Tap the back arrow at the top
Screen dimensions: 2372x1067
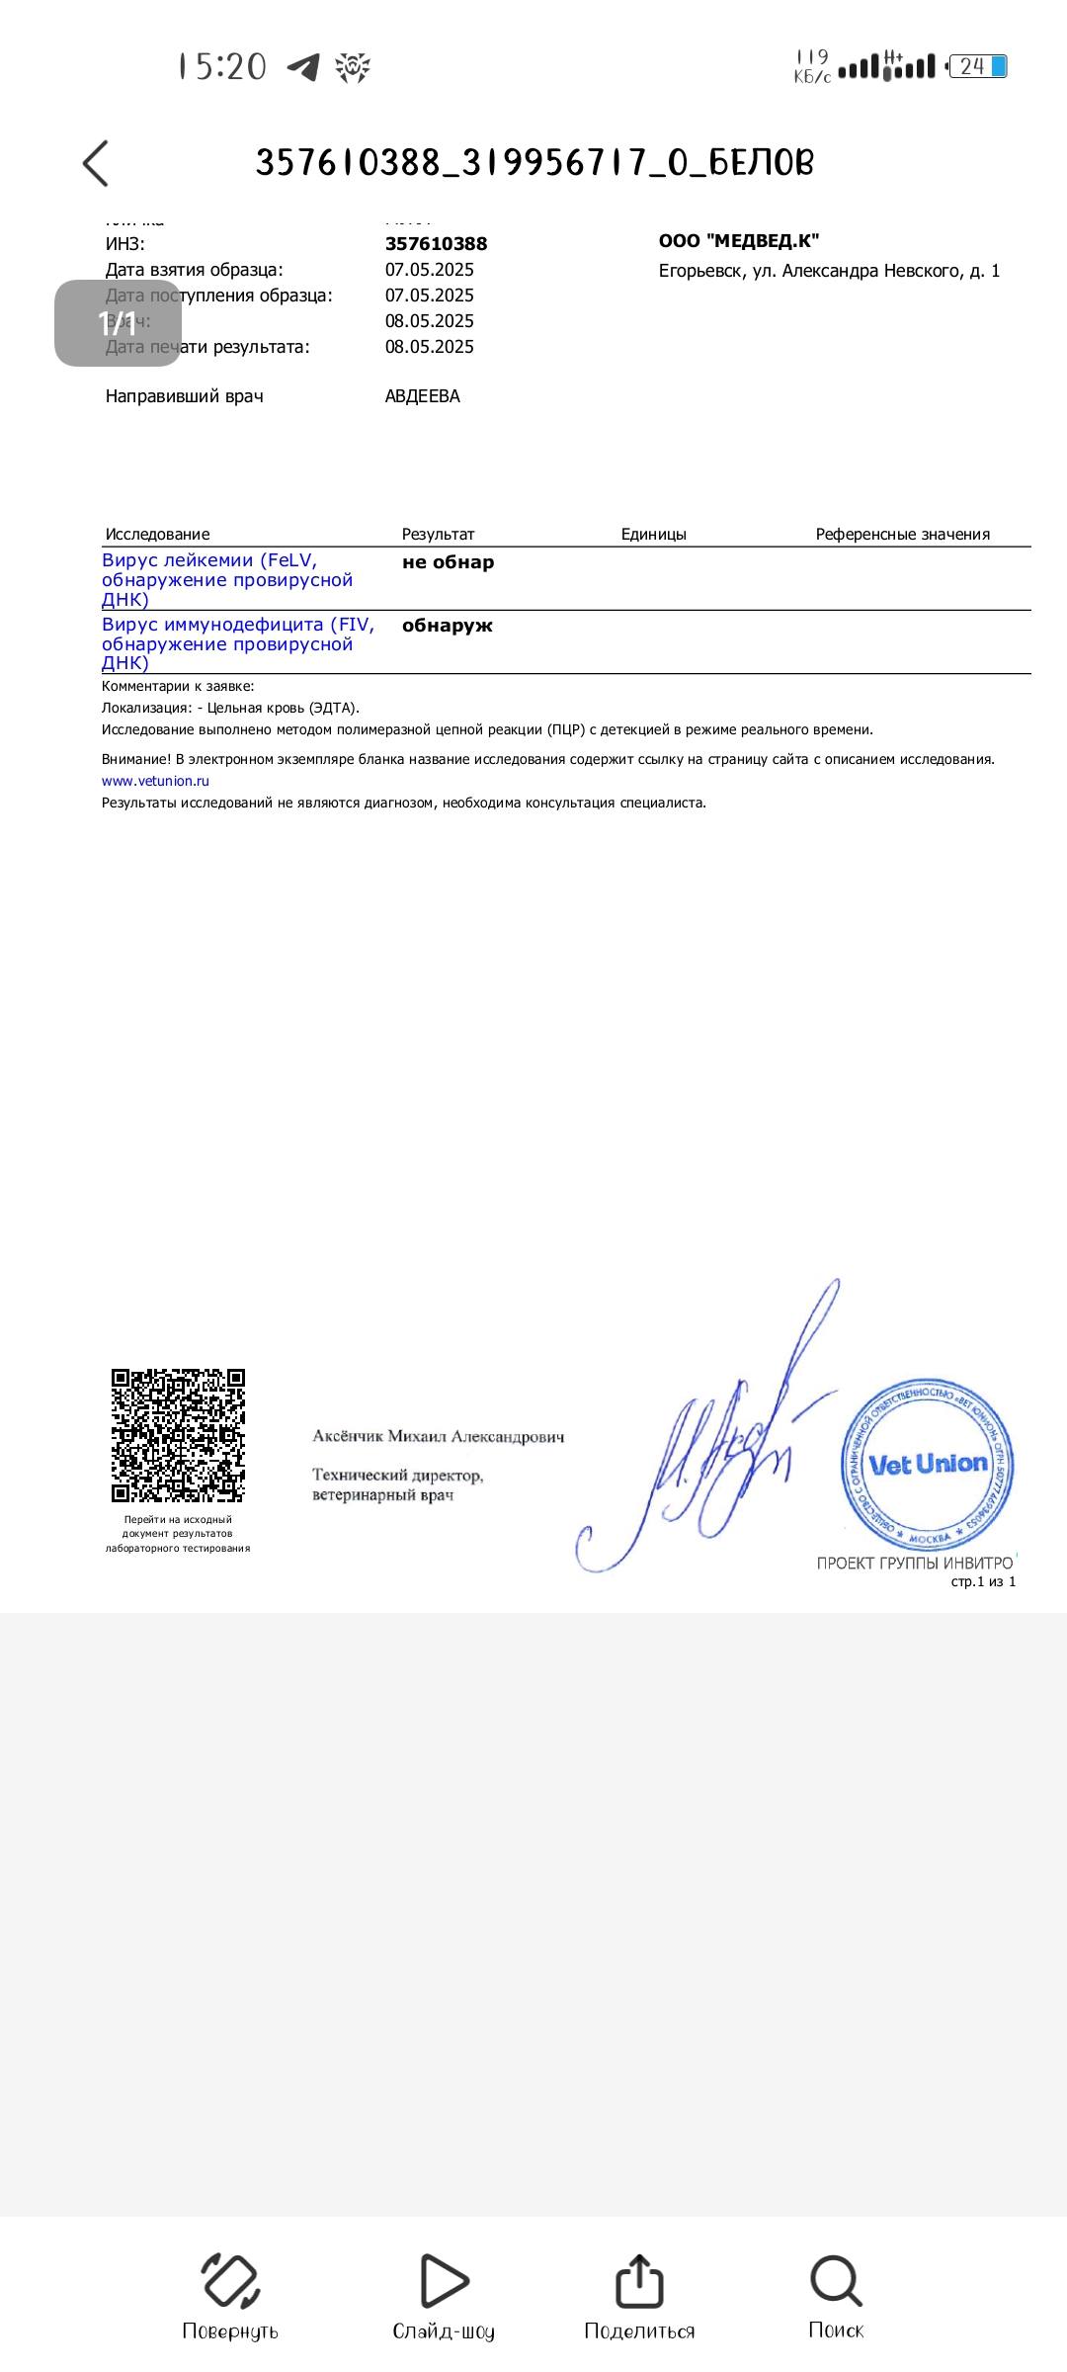pos(96,163)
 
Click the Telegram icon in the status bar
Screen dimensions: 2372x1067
pos(303,67)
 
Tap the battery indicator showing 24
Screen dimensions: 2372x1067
pos(977,66)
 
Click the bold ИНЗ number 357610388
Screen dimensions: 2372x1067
pos(436,244)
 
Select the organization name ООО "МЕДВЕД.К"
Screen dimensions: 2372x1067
pos(739,241)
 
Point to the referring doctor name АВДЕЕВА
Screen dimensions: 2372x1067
pos(422,396)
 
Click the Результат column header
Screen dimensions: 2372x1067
pos(438,535)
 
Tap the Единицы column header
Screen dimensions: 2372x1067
pos(653,535)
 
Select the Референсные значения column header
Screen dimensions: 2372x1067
pos(902,535)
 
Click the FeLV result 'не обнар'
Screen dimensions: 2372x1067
pos(448,562)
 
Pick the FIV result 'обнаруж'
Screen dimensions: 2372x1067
pos(447,626)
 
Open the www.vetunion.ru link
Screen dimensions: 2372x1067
pos(155,781)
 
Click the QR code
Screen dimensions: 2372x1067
pos(178,1435)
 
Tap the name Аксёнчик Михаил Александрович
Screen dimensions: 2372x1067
pos(438,1436)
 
